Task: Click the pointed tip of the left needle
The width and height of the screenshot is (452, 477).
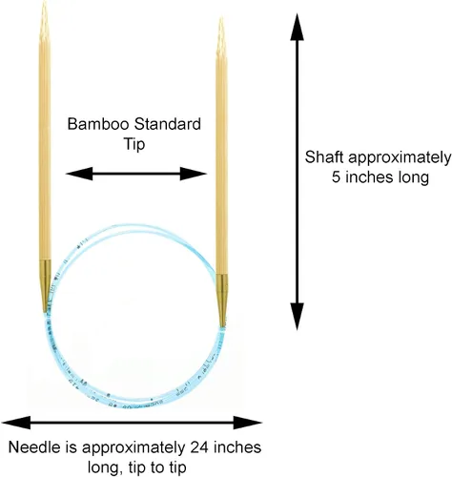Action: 44,2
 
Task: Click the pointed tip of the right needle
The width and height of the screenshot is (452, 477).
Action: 221,19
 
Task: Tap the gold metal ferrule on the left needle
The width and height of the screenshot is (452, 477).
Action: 45,285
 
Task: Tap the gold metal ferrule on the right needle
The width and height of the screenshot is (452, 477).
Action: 222,301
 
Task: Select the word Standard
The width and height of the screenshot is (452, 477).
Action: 167,124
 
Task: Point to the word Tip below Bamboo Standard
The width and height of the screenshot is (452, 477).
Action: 134,144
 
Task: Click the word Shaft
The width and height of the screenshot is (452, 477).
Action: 324,157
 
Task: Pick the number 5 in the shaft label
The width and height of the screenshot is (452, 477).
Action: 337,177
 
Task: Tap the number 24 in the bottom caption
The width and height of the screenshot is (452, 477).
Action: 199,447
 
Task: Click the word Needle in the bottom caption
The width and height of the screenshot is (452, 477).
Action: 34,447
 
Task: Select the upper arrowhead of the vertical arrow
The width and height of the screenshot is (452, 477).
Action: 297,27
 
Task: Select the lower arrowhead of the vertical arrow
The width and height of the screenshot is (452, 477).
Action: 297,317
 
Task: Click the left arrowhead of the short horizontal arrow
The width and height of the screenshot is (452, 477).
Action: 79,174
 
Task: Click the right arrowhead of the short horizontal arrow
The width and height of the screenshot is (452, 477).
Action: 194,174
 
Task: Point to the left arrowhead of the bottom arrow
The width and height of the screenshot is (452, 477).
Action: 16,423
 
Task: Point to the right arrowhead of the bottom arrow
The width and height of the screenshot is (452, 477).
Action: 248,423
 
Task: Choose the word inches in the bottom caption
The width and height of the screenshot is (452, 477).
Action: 237,447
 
